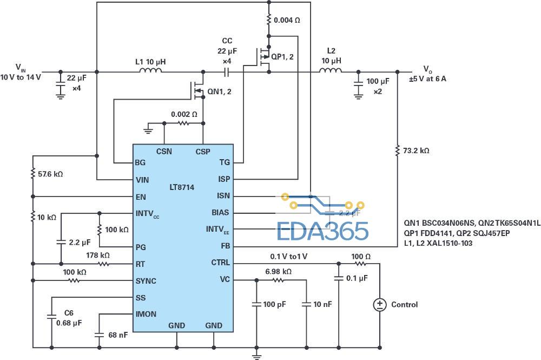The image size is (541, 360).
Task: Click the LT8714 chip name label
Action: (181, 187)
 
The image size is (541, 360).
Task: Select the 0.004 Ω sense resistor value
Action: (287, 20)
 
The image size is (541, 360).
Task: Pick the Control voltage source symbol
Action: (380, 304)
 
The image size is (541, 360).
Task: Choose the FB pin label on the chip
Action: (225, 246)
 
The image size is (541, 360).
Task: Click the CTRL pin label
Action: (221, 263)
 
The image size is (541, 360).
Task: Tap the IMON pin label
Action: (146, 314)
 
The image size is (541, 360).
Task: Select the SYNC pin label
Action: (146, 280)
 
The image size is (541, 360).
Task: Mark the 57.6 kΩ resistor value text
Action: (50, 174)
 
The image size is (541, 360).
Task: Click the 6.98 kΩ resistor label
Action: (279, 272)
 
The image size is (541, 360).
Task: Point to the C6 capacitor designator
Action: (69, 313)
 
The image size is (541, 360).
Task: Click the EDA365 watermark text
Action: (323, 232)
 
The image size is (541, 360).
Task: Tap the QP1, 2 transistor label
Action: (282, 56)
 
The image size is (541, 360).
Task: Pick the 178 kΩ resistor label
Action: (98, 255)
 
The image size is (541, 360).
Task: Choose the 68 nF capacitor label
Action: (118, 335)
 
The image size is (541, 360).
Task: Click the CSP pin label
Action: (203, 152)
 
